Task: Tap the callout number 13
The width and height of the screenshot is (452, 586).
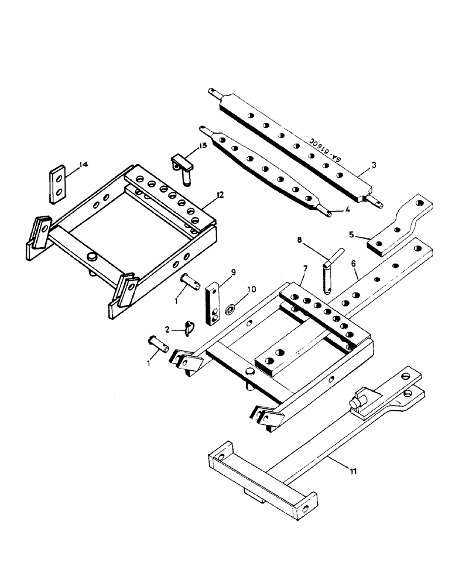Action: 203,146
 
